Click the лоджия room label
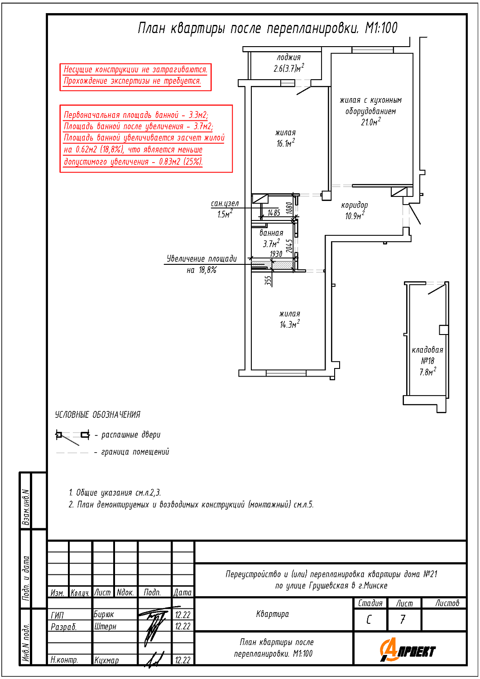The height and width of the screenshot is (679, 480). coord(289,57)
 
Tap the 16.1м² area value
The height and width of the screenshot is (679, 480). coord(286,143)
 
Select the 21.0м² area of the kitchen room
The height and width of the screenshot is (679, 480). coord(370,122)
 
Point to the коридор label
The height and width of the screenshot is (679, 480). coord(355,205)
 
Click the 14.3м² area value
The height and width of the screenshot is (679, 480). coord(289,324)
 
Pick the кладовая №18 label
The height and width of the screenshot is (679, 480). coord(427,355)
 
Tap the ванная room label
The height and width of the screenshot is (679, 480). coord(271,233)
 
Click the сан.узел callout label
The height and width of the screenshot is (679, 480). coord(225,204)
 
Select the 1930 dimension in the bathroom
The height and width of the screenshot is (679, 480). coord(276,254)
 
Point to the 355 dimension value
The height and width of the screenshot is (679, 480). coord(268,281)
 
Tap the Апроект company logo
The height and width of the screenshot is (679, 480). coord(408,650)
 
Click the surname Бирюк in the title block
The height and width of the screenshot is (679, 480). coord(104,615)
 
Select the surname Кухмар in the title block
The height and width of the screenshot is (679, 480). coord(106,660)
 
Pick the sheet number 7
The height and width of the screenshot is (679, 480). coord(403,619)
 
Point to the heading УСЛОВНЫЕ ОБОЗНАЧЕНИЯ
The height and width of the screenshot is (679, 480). coord(98,415)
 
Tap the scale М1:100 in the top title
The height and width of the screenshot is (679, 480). coord(381,28)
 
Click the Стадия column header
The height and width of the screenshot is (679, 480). coord(370,603)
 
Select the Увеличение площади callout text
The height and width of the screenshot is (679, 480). coord(202,259)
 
